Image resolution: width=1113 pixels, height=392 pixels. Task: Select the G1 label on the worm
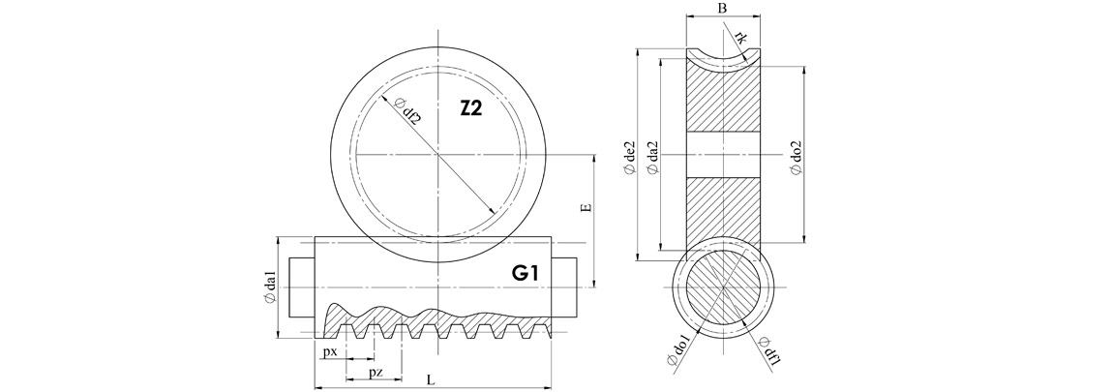530,273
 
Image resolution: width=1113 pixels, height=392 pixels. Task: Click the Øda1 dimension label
271,287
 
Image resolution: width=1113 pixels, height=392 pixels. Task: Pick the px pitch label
331,351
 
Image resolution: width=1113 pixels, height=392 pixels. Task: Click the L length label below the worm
430,380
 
